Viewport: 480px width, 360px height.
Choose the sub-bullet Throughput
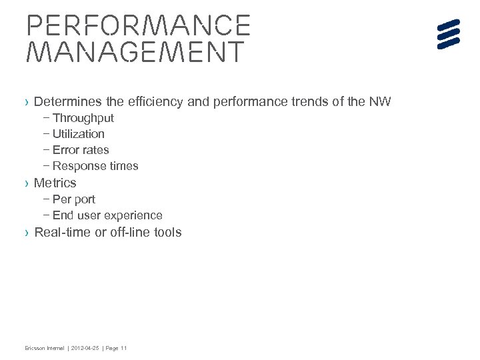pyautogui.click(x=83, y=118)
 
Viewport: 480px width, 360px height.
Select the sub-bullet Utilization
pyautogui.click(x=78, y=134)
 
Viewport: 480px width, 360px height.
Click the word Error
pyautogui.click(x=65, y=150)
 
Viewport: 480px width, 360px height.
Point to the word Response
pyautogui.click(x=76, y=166)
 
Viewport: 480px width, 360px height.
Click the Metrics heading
pyautogui.click(x=55, y=183)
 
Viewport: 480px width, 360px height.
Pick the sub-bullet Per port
pyautogui.click(x=73, y=199)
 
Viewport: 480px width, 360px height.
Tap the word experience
pyautogui.click(x=136, y=215)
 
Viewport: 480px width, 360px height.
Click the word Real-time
pyautogui.click(x=61, y=232)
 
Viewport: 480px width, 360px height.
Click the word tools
pyautogui.click(x=167, y=232)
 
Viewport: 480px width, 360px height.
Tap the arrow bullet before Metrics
pyautogui.click(x=26, y=183)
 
